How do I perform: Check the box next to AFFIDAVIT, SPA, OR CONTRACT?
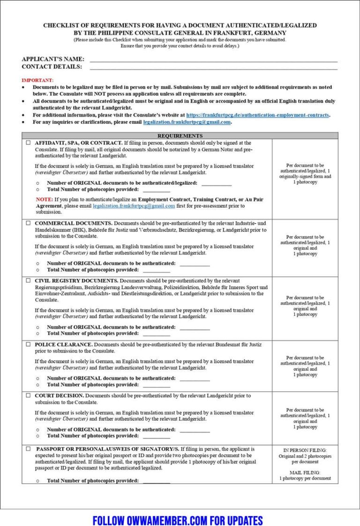coord(28,143)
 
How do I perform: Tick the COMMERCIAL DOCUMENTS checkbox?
coord(28,223)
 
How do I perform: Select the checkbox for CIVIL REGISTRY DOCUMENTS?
coord(28,281)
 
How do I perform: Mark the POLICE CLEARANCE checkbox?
coord(28,345)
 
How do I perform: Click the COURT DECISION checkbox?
coord(28,396)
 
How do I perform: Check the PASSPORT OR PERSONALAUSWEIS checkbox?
coord(28,449)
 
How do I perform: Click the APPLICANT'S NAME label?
coord(53,59)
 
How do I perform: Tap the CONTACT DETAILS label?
coord(52,67)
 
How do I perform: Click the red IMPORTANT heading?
coord(37,80)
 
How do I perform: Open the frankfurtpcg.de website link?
coord(257,115)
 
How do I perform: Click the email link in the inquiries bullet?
coord(187,122)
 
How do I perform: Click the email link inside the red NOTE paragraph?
coord(134,206)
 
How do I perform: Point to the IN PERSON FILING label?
coord(305,450)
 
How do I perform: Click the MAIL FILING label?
coord(305,473)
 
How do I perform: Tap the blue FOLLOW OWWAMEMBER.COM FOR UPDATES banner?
coord(178,520)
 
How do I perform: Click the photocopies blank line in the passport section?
coord(157,481)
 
